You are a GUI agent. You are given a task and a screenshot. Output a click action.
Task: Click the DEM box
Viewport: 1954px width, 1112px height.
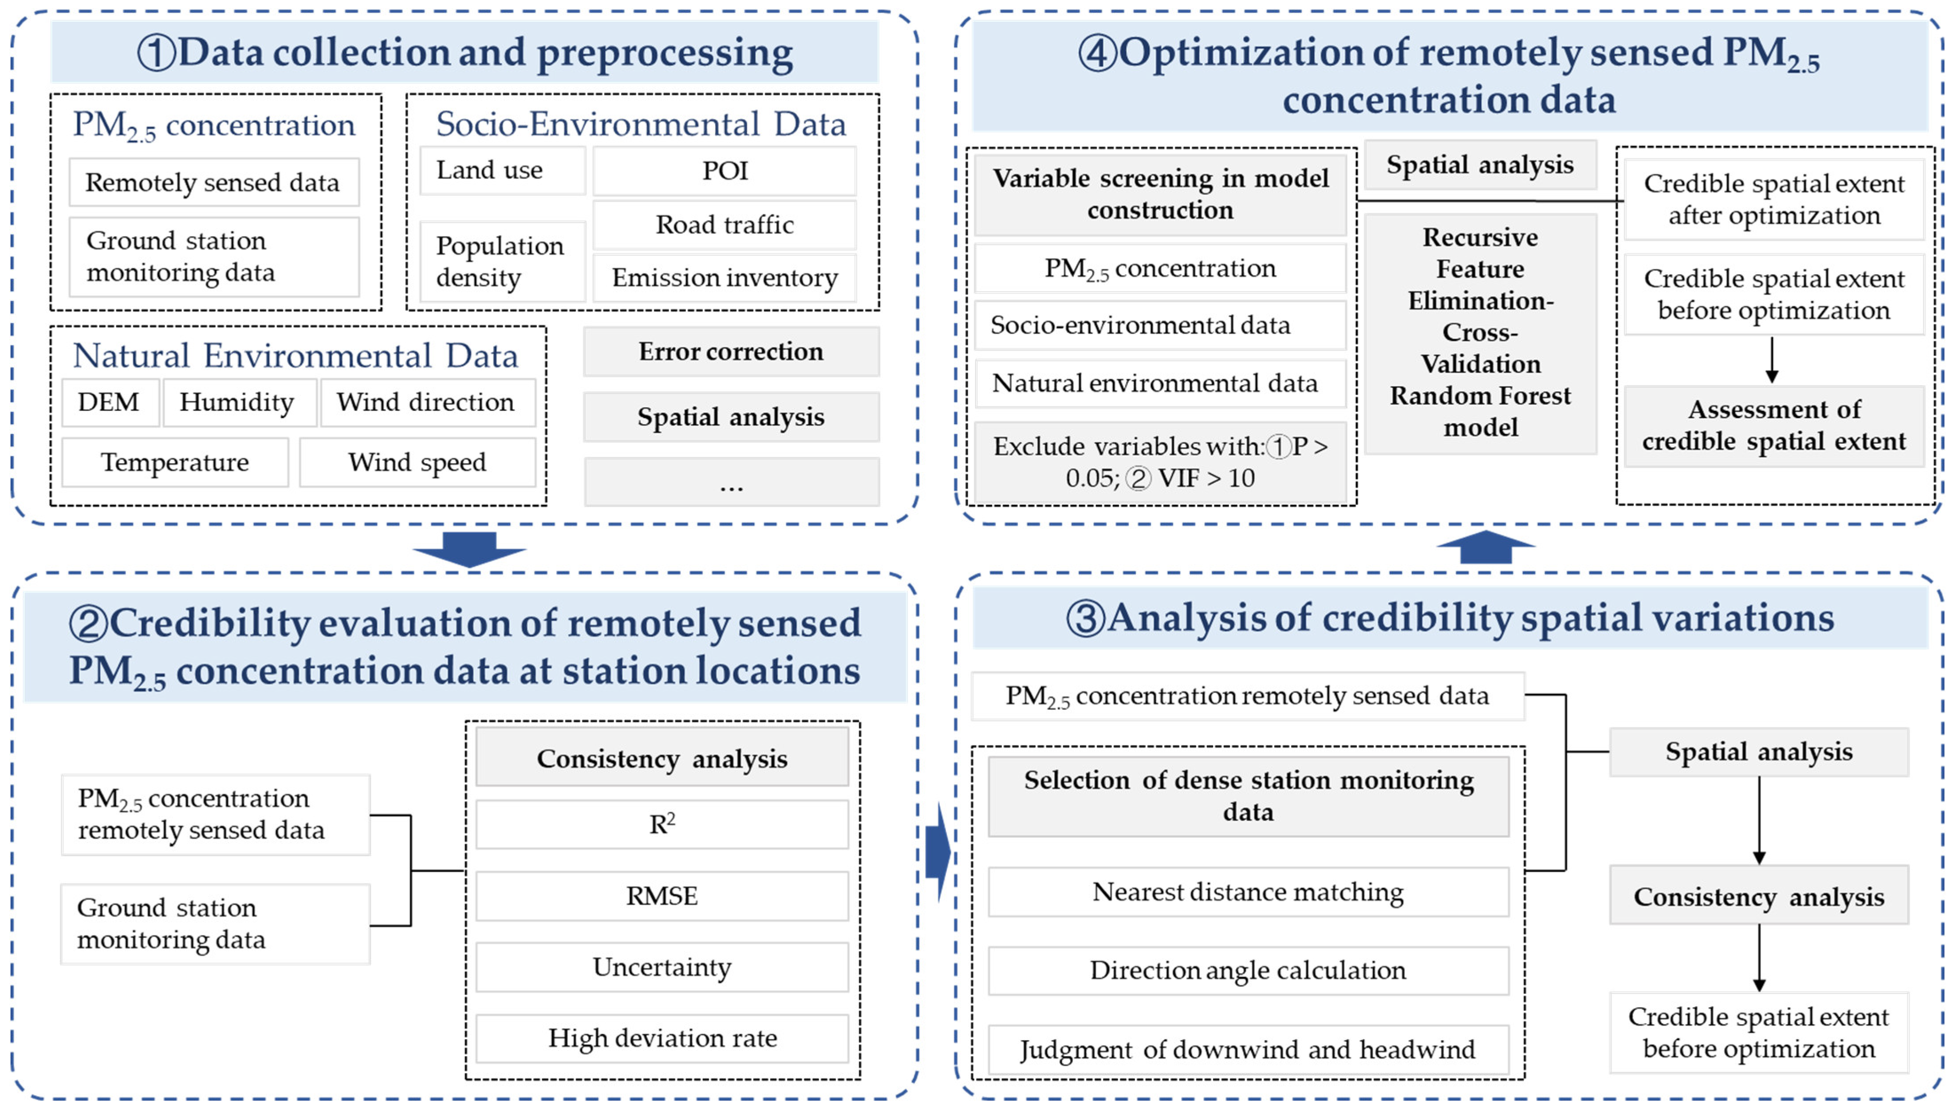click(x=109, y=402)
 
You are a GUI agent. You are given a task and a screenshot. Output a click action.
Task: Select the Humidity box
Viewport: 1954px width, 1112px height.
click(x=237, y=402)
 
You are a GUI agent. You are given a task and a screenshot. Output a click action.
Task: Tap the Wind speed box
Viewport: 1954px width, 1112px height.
click(x=417, y=462)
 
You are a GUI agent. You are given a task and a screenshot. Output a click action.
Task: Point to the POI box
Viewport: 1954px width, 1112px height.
click(x=725, y=170)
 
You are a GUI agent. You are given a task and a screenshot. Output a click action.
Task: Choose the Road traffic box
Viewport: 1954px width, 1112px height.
click(x=725, y=225)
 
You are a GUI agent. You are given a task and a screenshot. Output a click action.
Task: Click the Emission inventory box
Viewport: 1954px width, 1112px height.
click(x=725, y=277)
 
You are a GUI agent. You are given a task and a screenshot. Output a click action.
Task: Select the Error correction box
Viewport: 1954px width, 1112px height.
click(x=731, y=351)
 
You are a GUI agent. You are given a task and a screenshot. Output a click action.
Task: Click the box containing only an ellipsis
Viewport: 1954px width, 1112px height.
click(x=731, y=482)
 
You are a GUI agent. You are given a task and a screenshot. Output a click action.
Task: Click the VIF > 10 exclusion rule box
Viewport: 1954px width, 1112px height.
click(x=1160, y=462)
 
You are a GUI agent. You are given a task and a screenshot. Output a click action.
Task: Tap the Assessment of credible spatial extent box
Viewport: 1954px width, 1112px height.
click(x=1774, y=426)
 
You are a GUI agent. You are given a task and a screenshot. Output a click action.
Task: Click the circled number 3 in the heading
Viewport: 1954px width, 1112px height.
click(x=1085, y=618)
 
